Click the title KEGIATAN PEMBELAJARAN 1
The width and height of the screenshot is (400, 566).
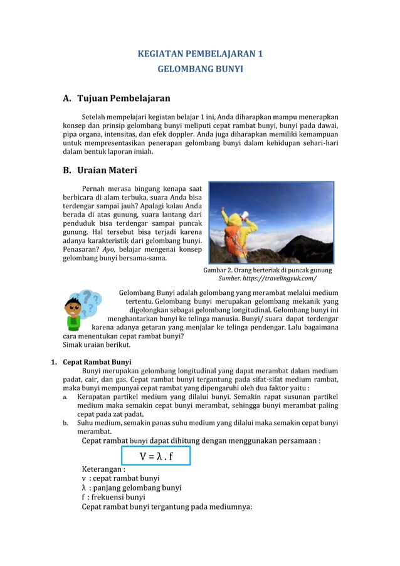click(x=200, y=54)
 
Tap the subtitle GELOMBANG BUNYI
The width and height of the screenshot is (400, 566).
click(x=200, y=69)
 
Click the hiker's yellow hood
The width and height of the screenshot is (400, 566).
click(x=234, y=219)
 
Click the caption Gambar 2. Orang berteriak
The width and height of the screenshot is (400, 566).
click(x=267, y=270)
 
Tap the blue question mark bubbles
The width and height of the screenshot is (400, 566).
click(x=89, y=301)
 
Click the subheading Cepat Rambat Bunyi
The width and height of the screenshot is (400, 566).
click(x=97, y=361)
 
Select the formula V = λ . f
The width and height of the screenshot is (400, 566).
click(x=156, y=456)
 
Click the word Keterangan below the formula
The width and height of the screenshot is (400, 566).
click(x=103, y=469)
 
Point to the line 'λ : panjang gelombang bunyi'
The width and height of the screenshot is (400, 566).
click(x=132, y=488)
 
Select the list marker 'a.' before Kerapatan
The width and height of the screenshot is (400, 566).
click(x=65, y=397)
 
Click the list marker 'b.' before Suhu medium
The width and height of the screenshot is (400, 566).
click(x=65, y=423)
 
